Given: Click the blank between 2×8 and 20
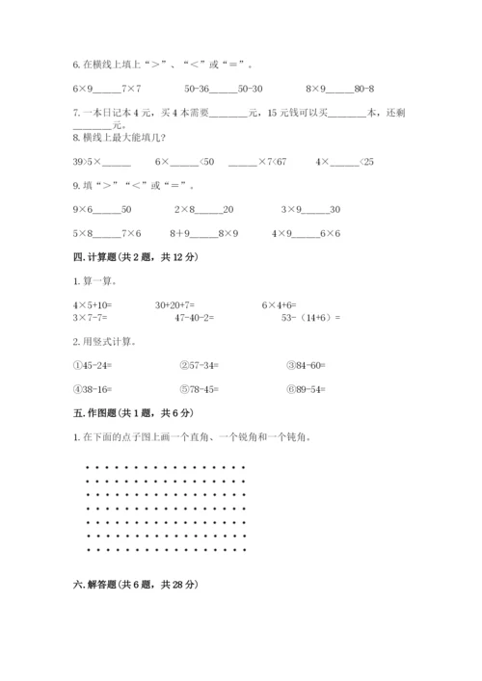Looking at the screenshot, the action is pyautogui.click(x=208, y=210).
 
